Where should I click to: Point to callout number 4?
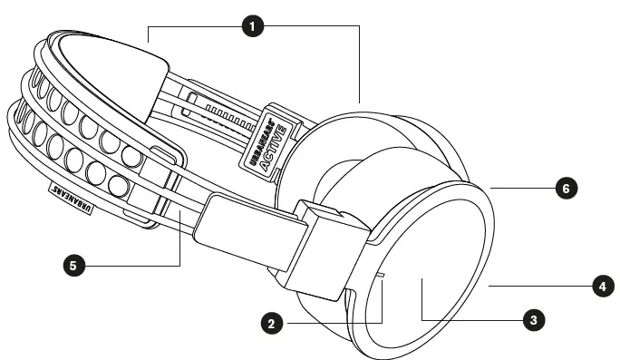click(600, 286)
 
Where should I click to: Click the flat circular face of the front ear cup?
click(435, 272)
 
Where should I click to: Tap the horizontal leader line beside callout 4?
click(539, 286)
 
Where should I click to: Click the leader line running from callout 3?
click(471, 319)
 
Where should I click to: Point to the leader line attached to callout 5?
click(136, 266)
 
